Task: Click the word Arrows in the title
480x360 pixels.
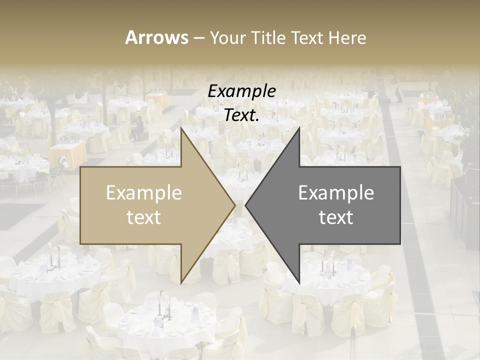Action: [x=156, y=37]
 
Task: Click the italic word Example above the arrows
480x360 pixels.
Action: [x=241, y=91]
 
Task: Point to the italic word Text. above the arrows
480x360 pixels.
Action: [x=241, y=115]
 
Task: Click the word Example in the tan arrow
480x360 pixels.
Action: [x=144, y=193]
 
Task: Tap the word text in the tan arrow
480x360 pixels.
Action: [x=144, y=217]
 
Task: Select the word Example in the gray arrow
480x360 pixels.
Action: [x=336, y=193]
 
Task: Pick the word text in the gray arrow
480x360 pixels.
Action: [x=336, y=217]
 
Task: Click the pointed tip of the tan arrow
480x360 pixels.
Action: [x=234, y=205]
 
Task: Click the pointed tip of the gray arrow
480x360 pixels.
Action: [x=245, y=205]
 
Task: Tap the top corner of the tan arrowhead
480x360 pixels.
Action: [x=181, y=128]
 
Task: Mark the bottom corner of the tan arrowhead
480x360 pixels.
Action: [x=181, y=282]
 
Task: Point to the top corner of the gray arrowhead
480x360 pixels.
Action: [x=299, y=128]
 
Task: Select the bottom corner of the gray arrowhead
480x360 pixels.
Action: [x=299, y=282]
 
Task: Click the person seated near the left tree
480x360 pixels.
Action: [x=136, y=129]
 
